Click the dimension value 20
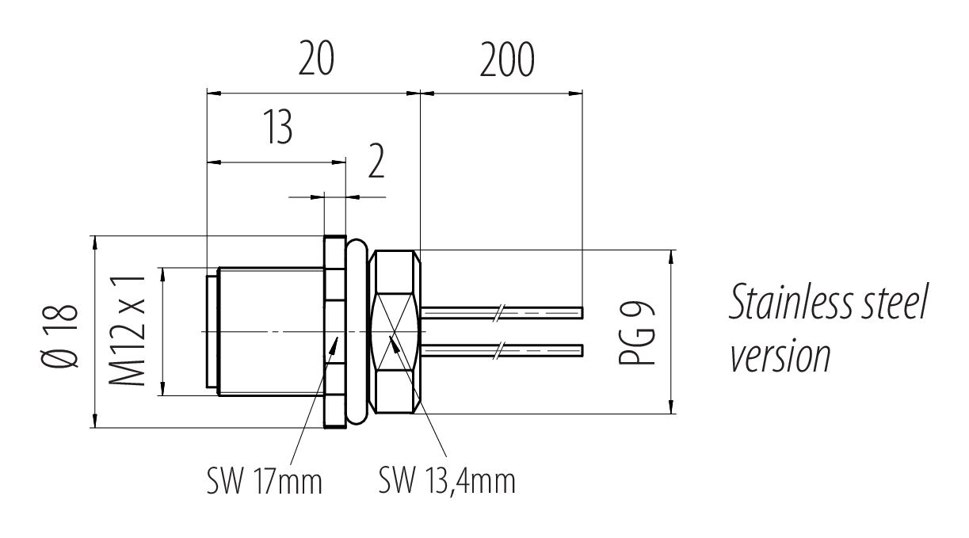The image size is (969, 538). pyautogui.click(x=317, y=62)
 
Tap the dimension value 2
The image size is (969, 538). pyautogui.click(x=376, y=162)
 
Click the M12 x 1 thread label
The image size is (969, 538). pyautogui.click(x=128, y=332)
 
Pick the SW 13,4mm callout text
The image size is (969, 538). pyautogui.click(x=447, y=480)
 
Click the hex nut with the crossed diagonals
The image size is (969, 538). pyautogui.click(x=395, y=333)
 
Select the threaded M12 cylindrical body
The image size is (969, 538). pyautogui.click(x=269, y=331)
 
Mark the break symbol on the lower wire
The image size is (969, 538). pyautogui.click(x=498, y=349)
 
